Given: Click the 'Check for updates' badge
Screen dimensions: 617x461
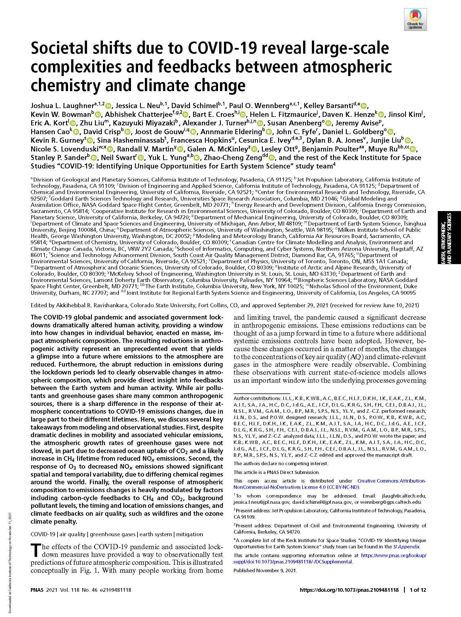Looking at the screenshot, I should (415, 19).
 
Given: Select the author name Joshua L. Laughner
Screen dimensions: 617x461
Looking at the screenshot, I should (62, 106).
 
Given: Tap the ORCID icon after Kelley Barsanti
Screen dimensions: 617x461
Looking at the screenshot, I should (364, 106).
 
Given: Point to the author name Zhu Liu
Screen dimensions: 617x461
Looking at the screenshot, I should (92, 123).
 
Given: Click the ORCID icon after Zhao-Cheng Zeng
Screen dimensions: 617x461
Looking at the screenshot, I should (272, 158).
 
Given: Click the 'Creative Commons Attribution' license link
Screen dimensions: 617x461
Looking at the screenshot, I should (392, 481).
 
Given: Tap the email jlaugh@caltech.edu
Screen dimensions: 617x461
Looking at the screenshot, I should (404, 496).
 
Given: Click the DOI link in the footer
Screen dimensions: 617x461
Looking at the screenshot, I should (349, 590).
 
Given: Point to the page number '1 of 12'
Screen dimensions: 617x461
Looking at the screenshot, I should (418, 590).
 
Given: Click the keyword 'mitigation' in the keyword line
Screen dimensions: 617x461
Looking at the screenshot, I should (189, 534).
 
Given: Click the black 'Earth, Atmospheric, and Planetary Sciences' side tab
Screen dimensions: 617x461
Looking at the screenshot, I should (449, 237).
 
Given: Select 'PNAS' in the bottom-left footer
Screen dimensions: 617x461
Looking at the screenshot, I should (37, 590).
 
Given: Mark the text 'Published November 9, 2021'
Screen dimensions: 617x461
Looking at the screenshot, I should (265, 570).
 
